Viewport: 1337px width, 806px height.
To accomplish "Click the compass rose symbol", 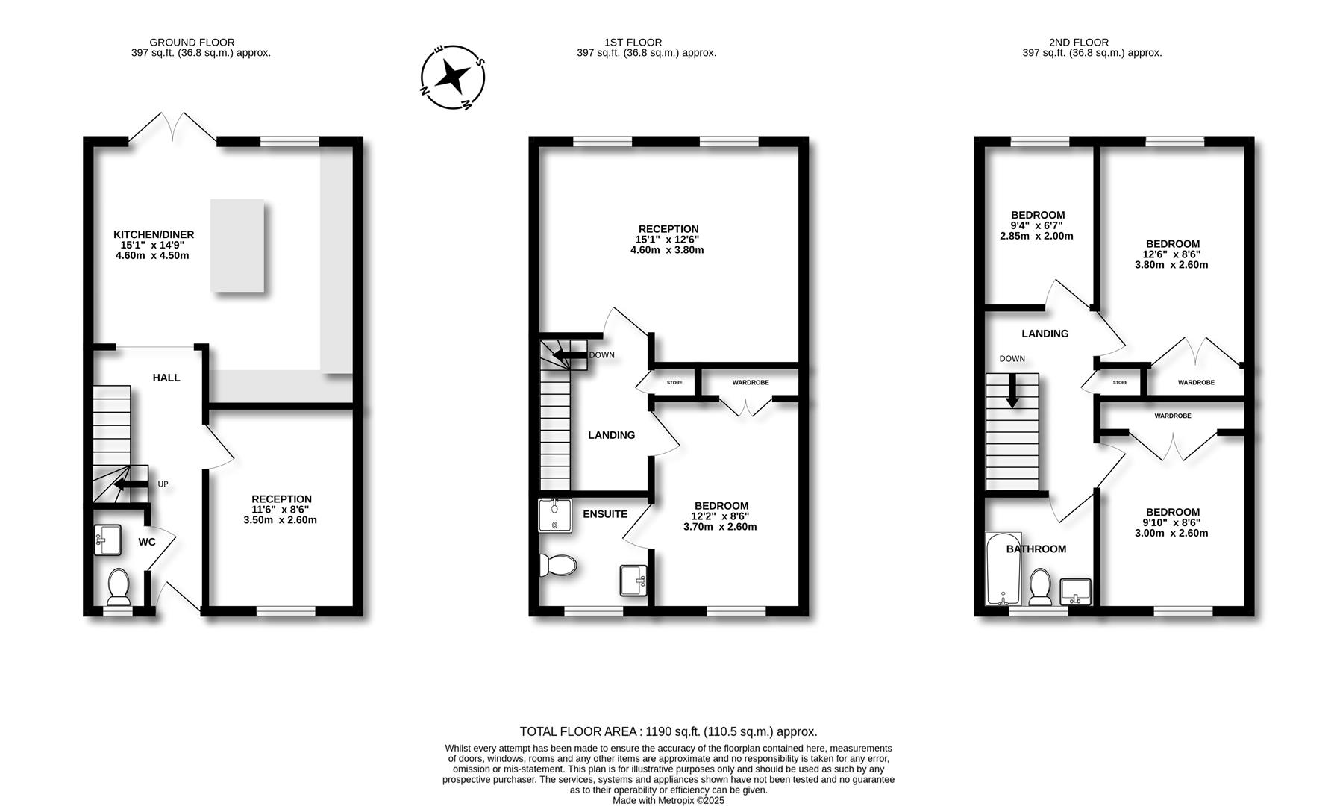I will (453, 77).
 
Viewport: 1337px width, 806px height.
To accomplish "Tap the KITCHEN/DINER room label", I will (153, 234).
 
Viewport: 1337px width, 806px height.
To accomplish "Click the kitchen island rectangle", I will (237, 246).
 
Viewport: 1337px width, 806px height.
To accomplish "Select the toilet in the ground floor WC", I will (119, 587).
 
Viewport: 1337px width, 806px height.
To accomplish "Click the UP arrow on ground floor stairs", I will (128, 484).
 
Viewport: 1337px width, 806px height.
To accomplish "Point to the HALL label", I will (166, 378).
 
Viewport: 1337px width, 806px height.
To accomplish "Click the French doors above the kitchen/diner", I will (173, 127).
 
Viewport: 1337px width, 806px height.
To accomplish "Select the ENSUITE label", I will (605, 514).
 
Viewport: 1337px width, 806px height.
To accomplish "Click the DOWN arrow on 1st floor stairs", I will (570, 355).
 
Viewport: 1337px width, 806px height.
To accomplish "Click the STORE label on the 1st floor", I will (674, 383).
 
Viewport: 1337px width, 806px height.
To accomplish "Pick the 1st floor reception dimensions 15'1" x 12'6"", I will (668, 240).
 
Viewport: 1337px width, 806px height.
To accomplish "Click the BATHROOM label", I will (1036, 549).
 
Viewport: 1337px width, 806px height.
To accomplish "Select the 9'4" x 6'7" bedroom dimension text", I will (1037, 225).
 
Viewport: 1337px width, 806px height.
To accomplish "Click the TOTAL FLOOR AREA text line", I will (668, 731).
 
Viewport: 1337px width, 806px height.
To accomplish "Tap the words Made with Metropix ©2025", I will (668, 800).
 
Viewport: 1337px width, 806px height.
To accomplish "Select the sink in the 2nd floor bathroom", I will (1075, 592).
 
